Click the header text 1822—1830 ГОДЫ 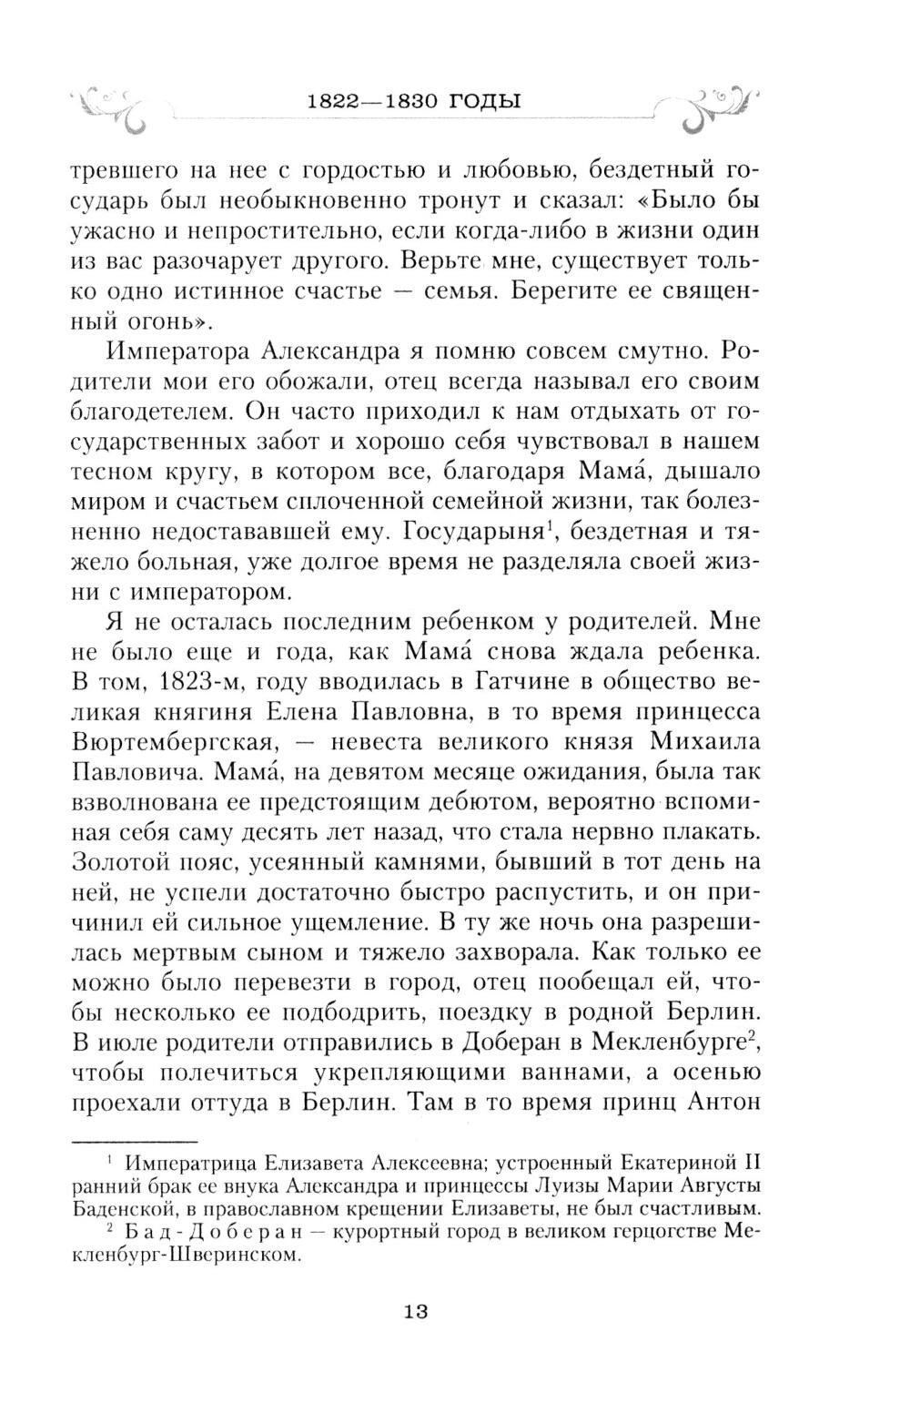tap(414, 101)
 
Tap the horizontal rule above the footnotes tap(134, 1140)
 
